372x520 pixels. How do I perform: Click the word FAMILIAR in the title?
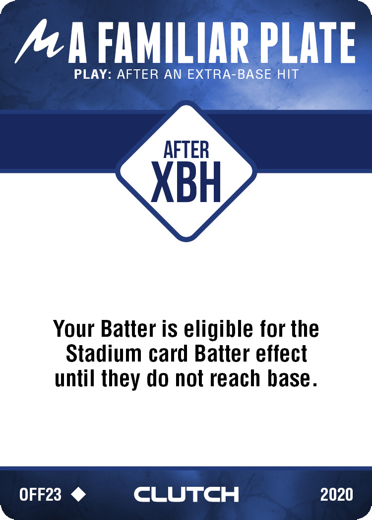173,43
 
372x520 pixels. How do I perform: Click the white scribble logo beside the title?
39,41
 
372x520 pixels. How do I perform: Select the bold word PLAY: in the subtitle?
93,74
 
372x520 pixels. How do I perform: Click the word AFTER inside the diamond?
186,150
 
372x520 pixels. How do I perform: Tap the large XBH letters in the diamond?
186,182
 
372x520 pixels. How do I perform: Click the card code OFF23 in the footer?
40,494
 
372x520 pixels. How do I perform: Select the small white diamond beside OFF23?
78,494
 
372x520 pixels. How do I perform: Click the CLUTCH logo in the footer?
186,494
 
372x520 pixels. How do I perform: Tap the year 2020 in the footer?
336,494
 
